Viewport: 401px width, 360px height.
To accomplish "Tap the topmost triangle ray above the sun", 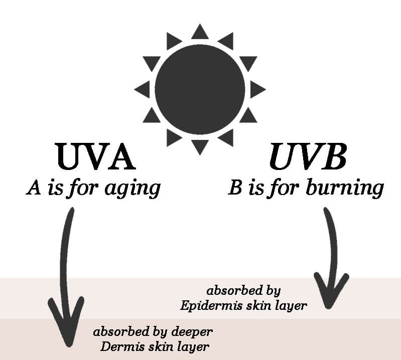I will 200,32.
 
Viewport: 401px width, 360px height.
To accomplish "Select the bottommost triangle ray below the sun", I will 200,146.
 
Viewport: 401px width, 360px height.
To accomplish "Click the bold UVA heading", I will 95,156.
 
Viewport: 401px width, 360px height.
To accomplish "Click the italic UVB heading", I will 308,156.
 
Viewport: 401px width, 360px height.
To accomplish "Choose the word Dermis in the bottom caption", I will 120,346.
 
